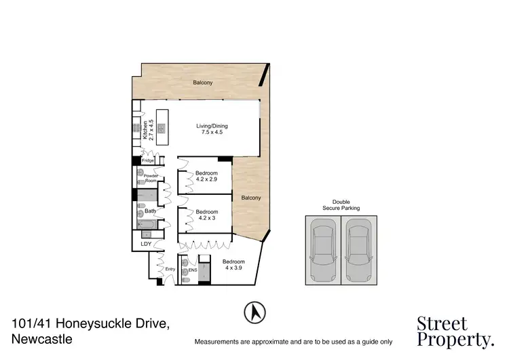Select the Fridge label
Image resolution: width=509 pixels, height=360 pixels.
[148, 160]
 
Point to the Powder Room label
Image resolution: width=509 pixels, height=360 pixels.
[151, 179]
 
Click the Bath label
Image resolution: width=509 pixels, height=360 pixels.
[150, 211]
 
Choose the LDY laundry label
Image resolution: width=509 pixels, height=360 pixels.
[145, 243]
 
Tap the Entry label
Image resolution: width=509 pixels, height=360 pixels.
[170, 270]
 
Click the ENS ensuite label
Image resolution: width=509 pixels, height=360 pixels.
[193, 270]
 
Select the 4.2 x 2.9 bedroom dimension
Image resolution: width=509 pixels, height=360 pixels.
[206, 179]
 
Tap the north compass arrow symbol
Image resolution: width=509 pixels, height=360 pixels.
[254, 312]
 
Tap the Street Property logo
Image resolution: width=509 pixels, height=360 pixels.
[454, 331]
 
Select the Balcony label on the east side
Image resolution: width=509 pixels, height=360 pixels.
[250, 198]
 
